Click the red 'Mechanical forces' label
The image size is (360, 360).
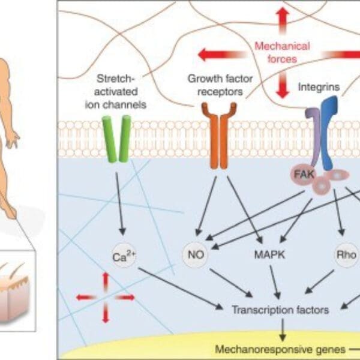click(x=281, y=52)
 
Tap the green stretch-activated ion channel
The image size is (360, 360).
click(x=116, y=139)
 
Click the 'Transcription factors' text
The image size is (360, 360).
click(x=280, y=310)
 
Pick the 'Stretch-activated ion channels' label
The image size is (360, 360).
click(x=119, y=88)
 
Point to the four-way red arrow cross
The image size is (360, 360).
click(x=106, y=297)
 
